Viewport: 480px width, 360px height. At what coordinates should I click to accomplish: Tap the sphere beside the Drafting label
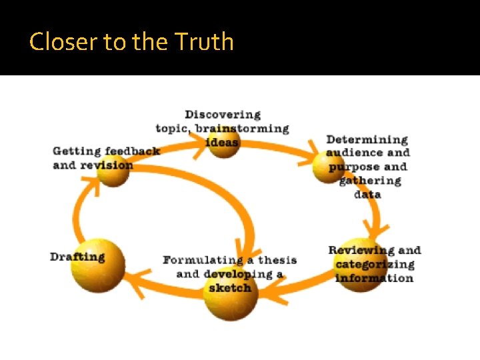pyautogui.click(x=99, y=265)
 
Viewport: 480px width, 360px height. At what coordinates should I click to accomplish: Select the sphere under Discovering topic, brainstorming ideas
pyautogui.click(x=224, y=141)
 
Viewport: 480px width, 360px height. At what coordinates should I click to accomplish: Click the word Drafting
pyautogui.click(x=77, y=257)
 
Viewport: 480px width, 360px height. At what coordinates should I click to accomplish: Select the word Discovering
pyautogui.click(x=223, y=115)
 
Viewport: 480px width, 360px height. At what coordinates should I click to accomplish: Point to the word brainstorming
pyautogui.click(x=242, y=128)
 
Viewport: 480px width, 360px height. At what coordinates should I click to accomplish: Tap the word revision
pyautogui.click(x=107, y=165)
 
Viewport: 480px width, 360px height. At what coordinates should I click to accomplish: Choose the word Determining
pyautogui.click(x=367, y=139)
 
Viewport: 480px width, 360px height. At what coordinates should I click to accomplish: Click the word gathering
pyautogui.click(x=371, y=181)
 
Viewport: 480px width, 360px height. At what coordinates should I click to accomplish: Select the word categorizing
pyautogui.click(x=375, y=265)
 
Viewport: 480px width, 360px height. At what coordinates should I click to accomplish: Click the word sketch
pyautogui.click(x=230, y=288)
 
